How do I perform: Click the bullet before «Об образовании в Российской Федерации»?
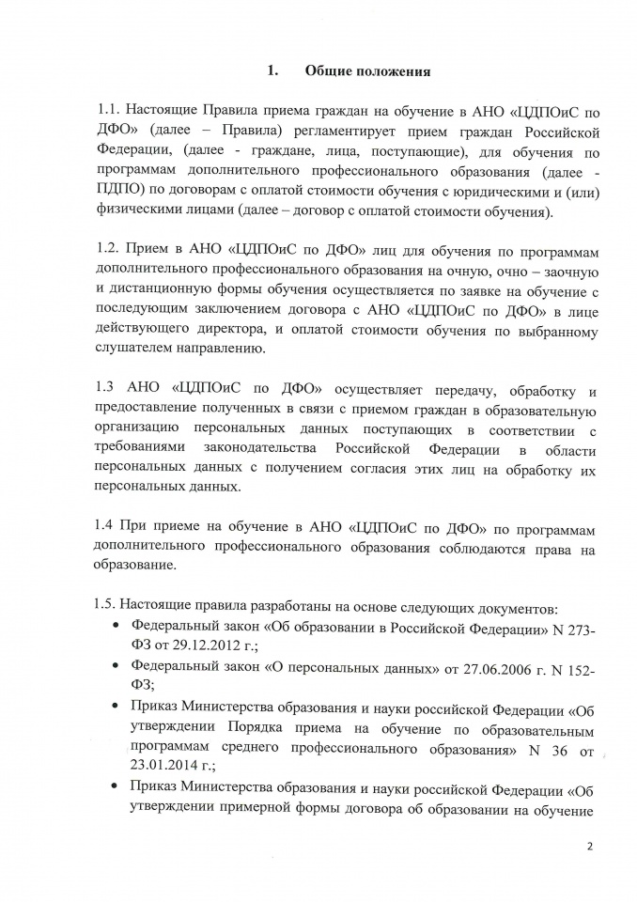116,625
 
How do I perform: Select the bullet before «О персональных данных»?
116,666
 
